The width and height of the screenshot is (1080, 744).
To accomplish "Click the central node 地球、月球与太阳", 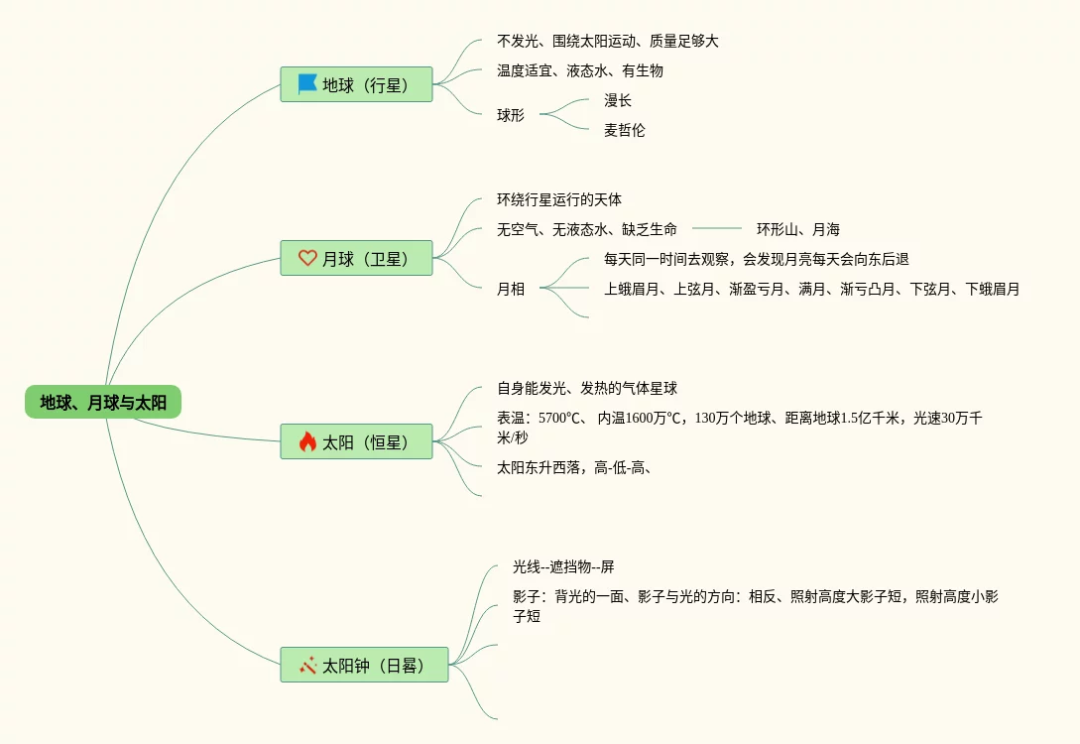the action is (x=103, y=402).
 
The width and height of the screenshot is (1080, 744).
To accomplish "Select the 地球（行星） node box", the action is (x=356, y=84).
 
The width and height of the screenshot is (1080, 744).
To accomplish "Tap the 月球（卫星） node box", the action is (x=356, y=258).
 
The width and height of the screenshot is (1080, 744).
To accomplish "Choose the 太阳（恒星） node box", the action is (x=356, y=441).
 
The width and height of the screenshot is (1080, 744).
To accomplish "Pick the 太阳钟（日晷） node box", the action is (x=364, y=665).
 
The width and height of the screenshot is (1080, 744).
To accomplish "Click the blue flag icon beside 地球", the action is (x=307, y=84).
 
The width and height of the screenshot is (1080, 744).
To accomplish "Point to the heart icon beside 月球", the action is (x=307, y=258).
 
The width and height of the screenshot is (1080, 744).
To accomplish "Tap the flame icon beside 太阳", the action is (x=307, y=441).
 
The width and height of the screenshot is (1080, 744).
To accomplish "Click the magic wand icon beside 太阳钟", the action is (x=307, y=665).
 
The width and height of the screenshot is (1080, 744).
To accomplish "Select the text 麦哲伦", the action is (x=625, y=130).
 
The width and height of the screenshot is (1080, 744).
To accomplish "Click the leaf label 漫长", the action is (x=618, y=100).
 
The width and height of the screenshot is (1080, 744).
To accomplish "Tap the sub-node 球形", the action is (x=511, y=115).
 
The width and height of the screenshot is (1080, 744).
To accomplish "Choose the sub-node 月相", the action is (x=511, y=289).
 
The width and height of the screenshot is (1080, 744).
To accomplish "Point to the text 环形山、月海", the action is (x=798, y=229).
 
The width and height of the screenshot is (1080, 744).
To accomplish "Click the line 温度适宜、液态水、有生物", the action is (x=580, y=70).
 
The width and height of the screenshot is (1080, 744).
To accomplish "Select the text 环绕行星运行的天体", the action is (x=559, y=199).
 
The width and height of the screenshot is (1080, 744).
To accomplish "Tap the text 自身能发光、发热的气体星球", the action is (x=587, y=388).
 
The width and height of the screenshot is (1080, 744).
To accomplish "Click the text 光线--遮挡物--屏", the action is (x=563, y=566).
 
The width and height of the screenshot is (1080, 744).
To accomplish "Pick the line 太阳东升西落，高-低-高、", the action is (x=574, y=467).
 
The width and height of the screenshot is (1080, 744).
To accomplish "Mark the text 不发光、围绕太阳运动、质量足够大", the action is (x=608, y=41).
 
